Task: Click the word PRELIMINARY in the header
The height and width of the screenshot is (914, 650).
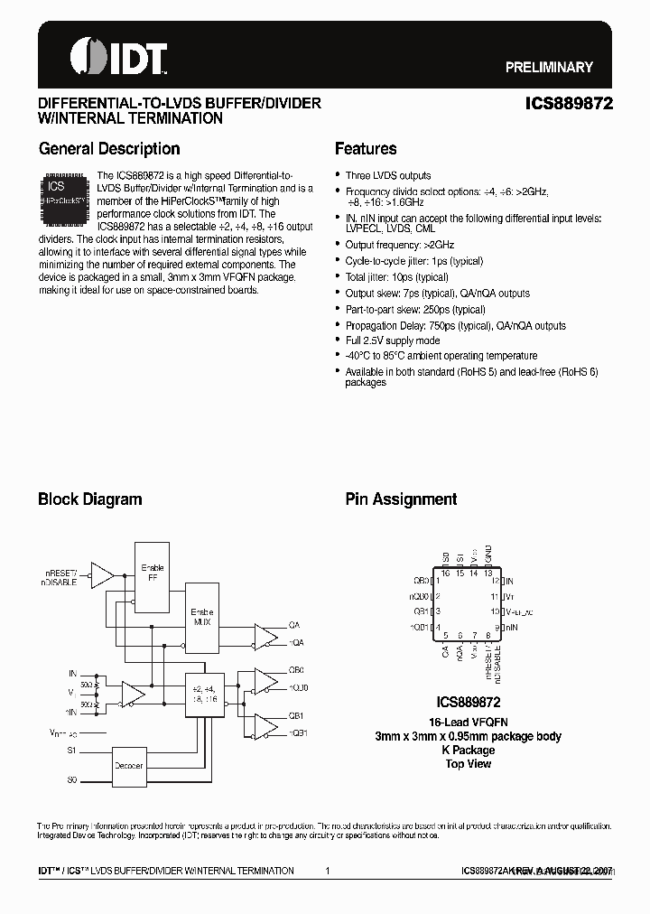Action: click(548, 67)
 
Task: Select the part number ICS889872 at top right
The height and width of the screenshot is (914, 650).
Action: click(569, 104)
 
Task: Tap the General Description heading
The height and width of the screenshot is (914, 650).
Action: click(108, 149)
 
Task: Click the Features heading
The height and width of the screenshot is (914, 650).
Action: click(366, 149)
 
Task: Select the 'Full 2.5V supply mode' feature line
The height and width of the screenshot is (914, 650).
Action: click(393, 340)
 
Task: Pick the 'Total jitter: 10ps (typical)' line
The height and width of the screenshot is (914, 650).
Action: click(396, 277)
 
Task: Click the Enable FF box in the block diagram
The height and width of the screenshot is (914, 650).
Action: click(152, 574)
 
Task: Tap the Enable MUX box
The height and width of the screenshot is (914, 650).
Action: click(203, 617)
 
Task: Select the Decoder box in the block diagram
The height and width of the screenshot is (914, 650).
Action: click(128, 765)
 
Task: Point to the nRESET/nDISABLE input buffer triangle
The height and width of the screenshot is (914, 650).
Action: click(102, 574)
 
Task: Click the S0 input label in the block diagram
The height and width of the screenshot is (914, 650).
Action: click(72, 779)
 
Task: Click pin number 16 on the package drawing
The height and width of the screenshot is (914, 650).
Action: click(445, 573)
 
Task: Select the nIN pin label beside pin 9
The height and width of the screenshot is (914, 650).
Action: click(511, 627)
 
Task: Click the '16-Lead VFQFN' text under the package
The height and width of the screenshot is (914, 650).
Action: click(467, 722)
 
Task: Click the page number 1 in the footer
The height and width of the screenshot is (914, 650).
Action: click(327, 871)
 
